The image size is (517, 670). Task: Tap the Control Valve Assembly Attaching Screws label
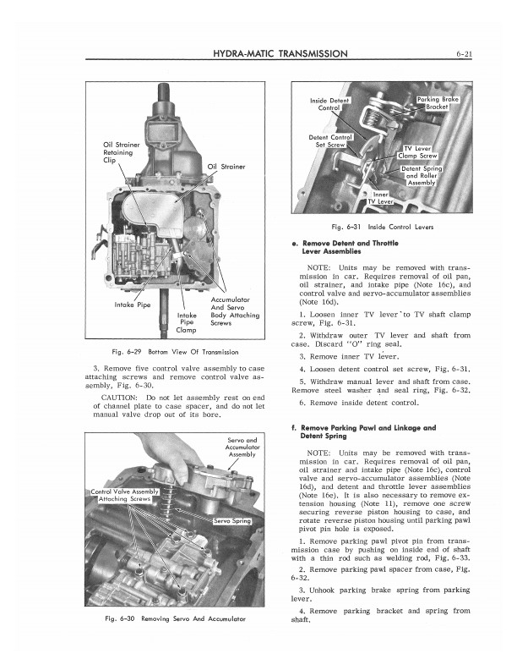point(124,497)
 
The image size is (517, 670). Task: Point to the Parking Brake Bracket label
point(438,103)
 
